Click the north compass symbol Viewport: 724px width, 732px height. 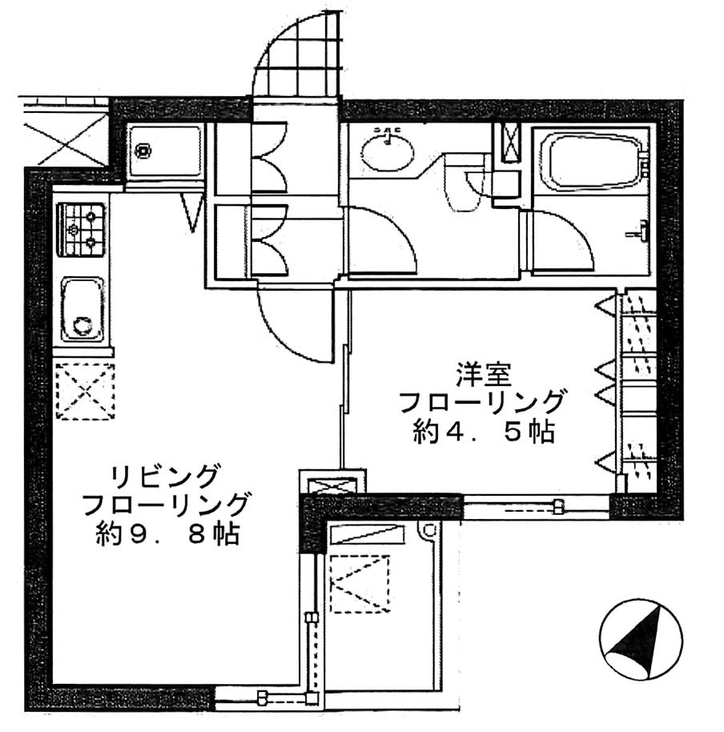pos(641,639)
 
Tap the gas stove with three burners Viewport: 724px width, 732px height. pos(81,229)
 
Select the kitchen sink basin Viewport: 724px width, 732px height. pos(82,309)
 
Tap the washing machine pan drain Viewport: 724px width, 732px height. pos(142,151)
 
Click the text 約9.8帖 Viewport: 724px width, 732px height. pos(167,534)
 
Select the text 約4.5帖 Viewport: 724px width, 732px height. pos(484,432)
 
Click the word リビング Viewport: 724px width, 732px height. pos(165,477)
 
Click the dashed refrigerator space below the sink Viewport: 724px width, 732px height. pos(85,391)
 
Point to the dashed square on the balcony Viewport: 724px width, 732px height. pos(360,584)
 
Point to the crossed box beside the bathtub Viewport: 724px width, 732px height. pos(510,142)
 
